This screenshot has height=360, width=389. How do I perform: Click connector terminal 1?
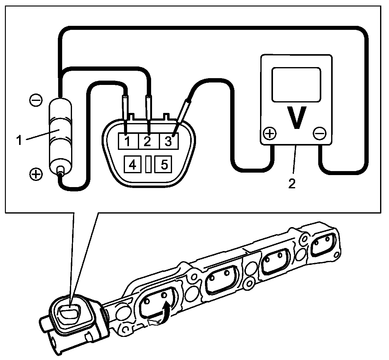tap(127, 141)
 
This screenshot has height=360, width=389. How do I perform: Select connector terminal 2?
tap(147, 141)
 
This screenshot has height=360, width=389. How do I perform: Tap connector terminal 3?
tap(168, 141)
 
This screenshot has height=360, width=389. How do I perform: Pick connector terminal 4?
tap(132, 165)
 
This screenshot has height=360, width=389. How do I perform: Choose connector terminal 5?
tap(164, 165)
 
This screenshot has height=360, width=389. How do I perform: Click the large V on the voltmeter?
tap(296, 118)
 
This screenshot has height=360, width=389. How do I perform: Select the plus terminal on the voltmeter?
tap(270, 134)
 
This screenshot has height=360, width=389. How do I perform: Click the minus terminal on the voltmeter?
tap(319, 134)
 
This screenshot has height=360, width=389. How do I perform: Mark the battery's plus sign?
tap(36, 174)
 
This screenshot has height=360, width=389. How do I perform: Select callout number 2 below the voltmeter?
tap(291, 184)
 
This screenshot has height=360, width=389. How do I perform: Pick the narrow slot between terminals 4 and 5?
tap(148, 165)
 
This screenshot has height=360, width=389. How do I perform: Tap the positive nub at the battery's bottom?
tap(60, 170)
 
